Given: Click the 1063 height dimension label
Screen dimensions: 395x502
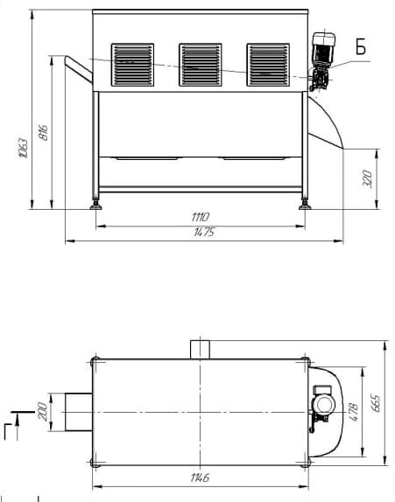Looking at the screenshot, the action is (x=24, y=148).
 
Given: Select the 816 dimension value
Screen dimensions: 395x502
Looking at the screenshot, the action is (x=43, y=132).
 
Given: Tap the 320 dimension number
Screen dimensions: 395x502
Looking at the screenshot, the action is (x=368, y=178).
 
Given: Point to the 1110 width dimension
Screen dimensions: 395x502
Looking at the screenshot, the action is (x=200, y=217).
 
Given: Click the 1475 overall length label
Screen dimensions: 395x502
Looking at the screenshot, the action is (x=204, y=232).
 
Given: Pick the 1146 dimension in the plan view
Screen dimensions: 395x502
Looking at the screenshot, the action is (x=200, y=478).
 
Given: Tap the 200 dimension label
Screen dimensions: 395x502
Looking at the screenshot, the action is (x=43, y=411).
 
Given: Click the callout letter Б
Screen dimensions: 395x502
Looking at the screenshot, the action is (x=361, y=46).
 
